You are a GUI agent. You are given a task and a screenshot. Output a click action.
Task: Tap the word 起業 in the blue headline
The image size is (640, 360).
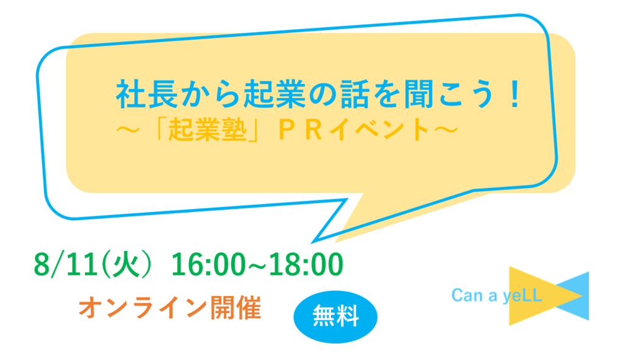point(274,94)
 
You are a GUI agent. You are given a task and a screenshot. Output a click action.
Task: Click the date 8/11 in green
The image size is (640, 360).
point(66,264)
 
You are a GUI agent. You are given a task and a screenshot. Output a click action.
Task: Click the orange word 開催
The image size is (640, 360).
point(235,308)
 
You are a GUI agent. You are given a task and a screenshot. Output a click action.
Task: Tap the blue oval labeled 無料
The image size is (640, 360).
point(335,317)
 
